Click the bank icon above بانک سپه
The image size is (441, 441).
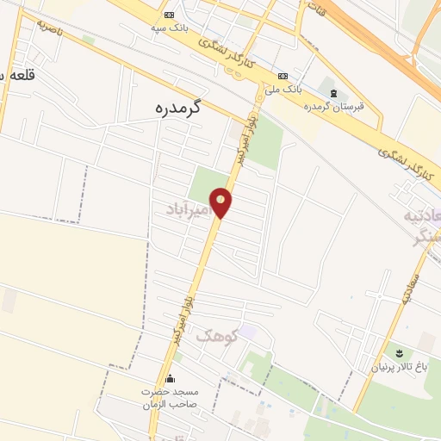[x=169, y=16]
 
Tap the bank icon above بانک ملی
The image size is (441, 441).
[x=282, y=75]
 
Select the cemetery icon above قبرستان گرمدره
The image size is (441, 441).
[x=333, y=92]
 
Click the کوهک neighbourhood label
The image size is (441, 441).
[x=214, y=337]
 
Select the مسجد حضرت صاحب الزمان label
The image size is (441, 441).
[x=170, y=397]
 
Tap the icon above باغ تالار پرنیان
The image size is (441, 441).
[x=399, y=352]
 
